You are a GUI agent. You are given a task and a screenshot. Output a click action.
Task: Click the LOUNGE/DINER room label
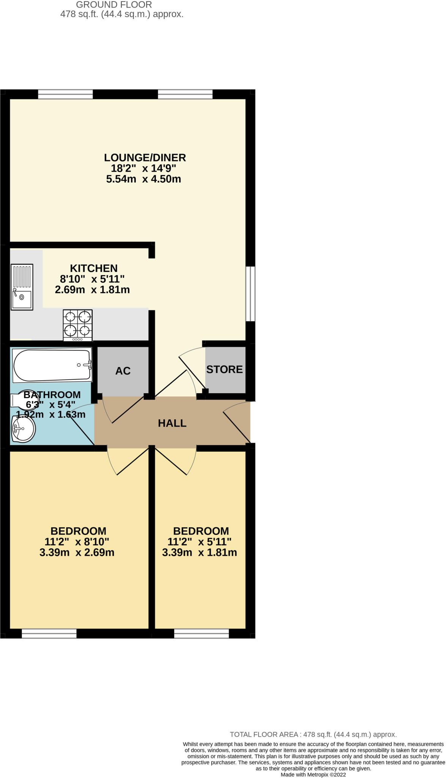(145, 158)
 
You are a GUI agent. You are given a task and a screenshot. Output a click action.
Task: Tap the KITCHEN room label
(94, 268)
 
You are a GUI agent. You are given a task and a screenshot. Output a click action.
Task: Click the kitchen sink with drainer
(22, 287)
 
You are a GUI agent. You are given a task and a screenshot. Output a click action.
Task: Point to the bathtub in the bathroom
(52, 365)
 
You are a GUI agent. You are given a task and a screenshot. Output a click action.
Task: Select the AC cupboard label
(123, 371)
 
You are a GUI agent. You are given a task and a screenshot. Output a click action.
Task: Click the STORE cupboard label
(224, 370)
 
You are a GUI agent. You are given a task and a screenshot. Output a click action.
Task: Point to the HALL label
(172, 423)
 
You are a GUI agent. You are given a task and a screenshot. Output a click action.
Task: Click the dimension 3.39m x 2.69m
(77, 552)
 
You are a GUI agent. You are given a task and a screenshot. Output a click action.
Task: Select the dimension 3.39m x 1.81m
(200, 552)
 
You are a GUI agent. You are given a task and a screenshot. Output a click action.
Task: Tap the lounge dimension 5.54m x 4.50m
(143, 179)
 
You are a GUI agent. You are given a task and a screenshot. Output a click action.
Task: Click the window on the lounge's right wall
(250, 294)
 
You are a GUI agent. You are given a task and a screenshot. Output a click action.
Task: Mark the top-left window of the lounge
(65, 94)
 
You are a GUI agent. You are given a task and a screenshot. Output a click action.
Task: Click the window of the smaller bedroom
(201, 633)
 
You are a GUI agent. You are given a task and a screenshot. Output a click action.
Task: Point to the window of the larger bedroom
(49, 633)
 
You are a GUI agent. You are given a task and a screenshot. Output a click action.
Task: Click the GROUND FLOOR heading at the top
(114, 5)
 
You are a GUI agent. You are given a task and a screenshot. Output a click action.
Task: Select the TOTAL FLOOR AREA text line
(313, 734)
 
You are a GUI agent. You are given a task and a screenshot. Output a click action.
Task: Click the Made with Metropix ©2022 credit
(313, 775)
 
